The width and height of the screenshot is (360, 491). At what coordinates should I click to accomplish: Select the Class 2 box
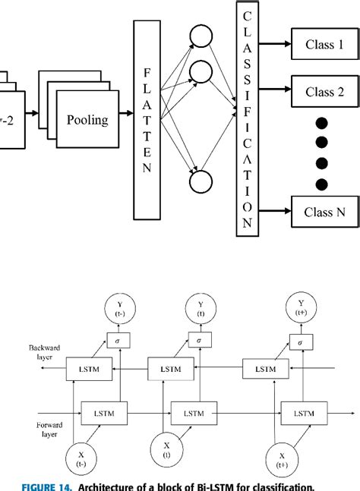(x=324, y=93)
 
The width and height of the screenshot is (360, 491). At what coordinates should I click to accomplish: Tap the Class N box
(x=324, y=212)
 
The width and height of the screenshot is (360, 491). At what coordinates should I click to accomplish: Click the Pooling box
(x=87, y=119)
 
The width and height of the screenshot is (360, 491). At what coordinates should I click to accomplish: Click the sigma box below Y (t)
(x=198, y=341)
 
